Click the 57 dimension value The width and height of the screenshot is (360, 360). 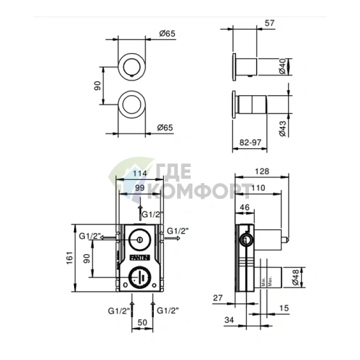(x=270, y=24)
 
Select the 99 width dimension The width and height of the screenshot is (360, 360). (x=138, y=188)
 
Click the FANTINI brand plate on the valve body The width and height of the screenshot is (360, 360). (x=138, y=256)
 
